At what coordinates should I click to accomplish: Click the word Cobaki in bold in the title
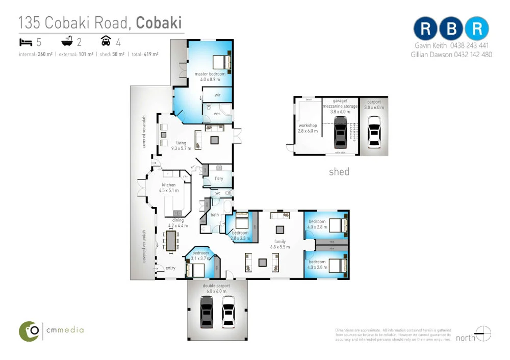coord(159,23)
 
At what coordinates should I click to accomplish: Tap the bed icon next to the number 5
coord(25,41)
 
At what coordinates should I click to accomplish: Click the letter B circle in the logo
coord(451,29)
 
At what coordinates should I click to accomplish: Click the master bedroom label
coord(210,74)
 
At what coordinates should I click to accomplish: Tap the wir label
coord(217,95)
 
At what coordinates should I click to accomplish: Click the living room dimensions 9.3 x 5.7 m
coord(181,148)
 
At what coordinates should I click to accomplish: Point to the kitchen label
coord(169,185)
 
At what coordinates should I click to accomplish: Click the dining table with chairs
coord(171,240)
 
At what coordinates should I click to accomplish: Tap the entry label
coord(170,268)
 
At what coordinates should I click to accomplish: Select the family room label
coord(279,241)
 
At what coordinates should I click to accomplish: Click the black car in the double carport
coord(207,311)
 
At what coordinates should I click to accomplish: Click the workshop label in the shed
coord(308,125)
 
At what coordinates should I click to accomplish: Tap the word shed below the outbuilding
coord(339,172)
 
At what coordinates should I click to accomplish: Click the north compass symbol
coord(483,334)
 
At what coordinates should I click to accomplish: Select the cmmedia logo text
coord(64,330)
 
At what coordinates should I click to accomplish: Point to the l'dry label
coord(219,178)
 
